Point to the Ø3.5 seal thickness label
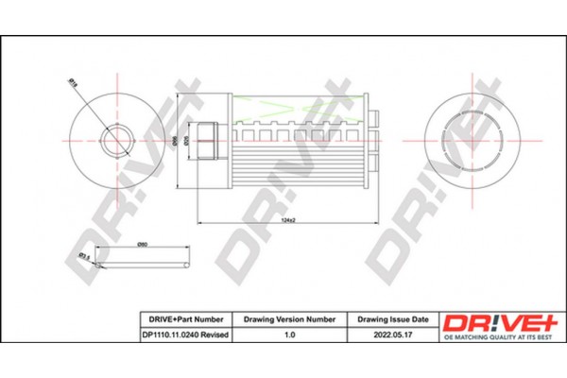[x=84, y=255]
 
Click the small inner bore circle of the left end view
[x=116, y=140]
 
